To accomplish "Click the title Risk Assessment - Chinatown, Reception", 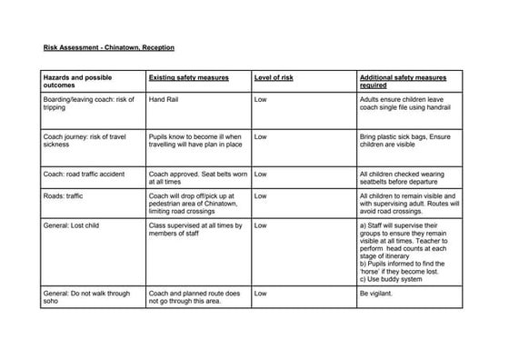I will point(108,46).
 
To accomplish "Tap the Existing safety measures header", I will point(187,79).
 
